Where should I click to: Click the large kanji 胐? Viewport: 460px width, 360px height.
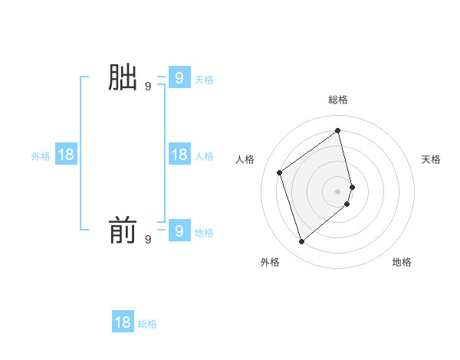[123, 77]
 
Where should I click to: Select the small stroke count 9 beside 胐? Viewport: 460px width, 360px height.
[148, 87]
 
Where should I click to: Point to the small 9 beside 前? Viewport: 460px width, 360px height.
[148, 240]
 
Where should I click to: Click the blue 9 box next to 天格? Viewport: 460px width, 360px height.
[179, 77]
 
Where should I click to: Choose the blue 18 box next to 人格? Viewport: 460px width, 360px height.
[179, 155]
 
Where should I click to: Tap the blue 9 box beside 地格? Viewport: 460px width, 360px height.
[179, 231]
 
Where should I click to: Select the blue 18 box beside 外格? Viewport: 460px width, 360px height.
[66, 155]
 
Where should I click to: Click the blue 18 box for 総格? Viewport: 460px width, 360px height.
[123, 322]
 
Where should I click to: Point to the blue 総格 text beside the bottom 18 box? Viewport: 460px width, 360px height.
[147, 324]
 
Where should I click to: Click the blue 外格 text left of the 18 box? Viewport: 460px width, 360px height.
[41, 156]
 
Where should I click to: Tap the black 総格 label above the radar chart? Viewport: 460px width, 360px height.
[338, 100]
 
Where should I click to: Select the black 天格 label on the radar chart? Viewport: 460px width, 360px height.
[431, 159]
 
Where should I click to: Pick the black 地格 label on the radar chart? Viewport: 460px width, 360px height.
[402, 262]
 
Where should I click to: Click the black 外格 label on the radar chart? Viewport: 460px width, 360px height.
[270, 262]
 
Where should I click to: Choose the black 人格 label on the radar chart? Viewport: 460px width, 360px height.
[245, 159]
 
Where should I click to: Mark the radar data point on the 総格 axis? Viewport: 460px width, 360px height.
[338, 130]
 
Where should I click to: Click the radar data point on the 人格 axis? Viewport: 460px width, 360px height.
[280, 172]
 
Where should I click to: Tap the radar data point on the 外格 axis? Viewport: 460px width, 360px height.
[301, 242]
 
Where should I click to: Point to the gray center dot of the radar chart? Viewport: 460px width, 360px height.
[338, 191]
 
